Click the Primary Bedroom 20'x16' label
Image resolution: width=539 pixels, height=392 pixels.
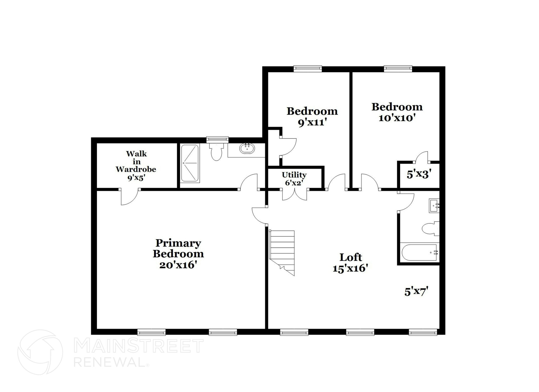[178, 254]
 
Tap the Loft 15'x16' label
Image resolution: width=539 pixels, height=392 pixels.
[350, 263]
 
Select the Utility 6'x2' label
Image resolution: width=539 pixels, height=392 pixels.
[294, 179]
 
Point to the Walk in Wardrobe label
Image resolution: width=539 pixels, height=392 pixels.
[136, 165]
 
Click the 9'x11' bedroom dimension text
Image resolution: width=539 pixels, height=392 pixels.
[312, 122]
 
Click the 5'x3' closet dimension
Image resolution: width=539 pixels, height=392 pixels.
[419, 174]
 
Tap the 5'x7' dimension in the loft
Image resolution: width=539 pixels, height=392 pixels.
[416, 292]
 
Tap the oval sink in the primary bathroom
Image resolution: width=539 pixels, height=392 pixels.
[247, 148]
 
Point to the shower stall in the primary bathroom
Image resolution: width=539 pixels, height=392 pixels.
[190, 163]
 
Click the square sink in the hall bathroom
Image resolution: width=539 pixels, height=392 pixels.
[434, 206]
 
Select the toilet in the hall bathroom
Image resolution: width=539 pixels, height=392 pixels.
[431, 228]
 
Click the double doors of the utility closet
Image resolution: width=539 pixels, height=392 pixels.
[295, 195]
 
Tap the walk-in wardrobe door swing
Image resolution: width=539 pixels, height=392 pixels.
[129, 197]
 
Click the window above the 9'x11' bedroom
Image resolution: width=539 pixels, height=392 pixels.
[308, 69]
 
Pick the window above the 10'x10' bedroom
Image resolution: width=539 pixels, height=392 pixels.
[398, 69]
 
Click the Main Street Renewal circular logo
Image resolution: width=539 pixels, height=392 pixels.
[40, 352]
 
